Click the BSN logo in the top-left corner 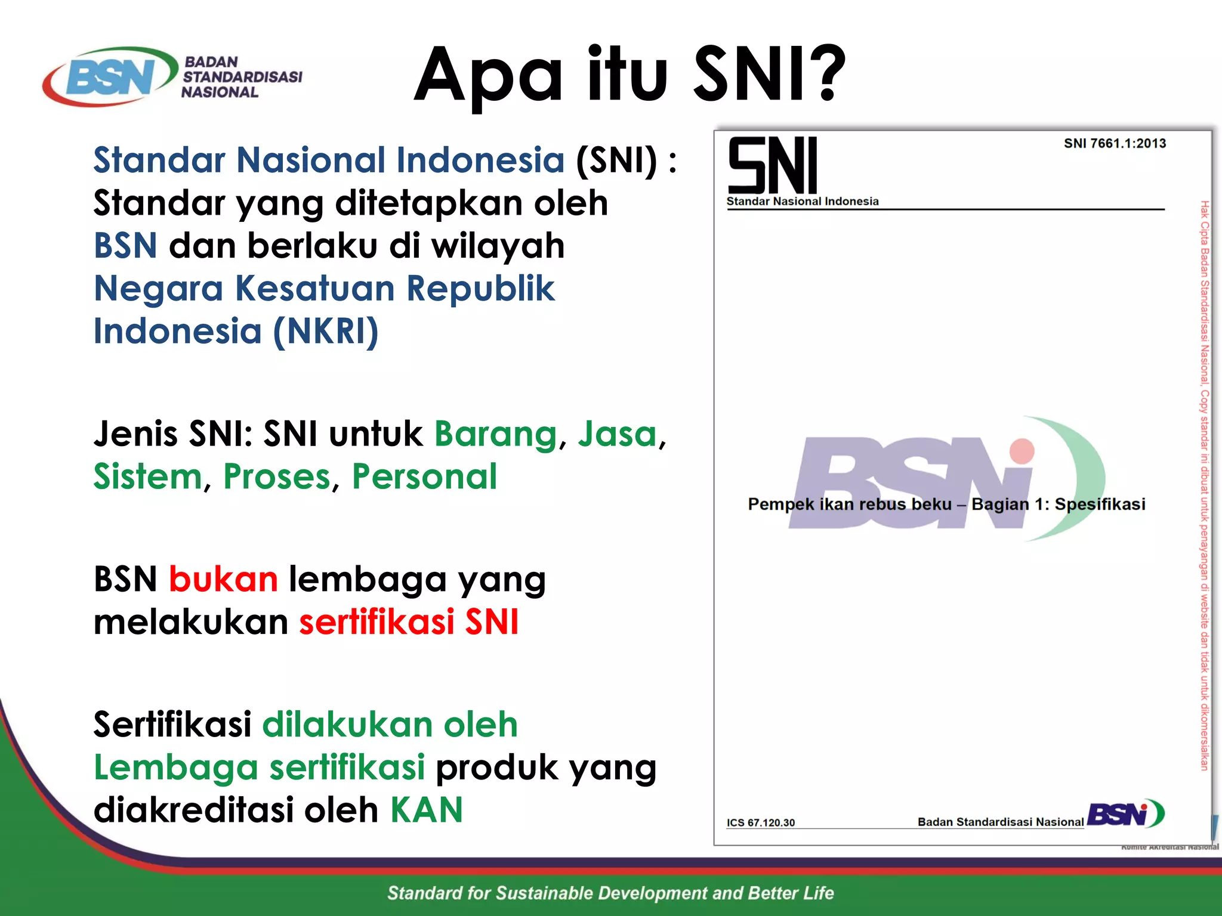[x=110, y=78]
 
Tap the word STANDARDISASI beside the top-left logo [x=242, y=77]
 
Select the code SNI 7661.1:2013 [x=1115, y=143]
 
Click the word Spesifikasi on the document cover [x=1100, y=505]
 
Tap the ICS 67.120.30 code [x=760, y=823]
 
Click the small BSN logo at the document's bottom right [x=1125, y=814]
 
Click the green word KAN [x=426, y=810]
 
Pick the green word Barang [x=495, y=434]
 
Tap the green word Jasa [x=617, y=434]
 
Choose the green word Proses [x=277, y=477]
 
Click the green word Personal [x=424, y=477]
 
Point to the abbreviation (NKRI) [x=325, y=332]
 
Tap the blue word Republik [x=480, y=289]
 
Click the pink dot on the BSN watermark [x=1022, y=451]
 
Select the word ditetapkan [x=428, y=203]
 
